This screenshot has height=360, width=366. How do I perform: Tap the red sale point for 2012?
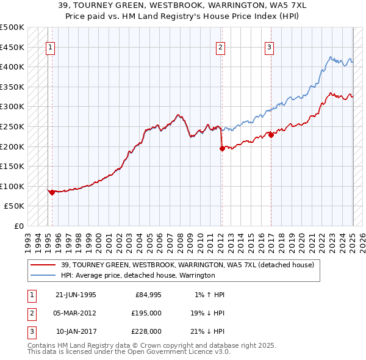tap(221, 148)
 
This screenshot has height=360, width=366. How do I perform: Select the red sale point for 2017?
tap(271, 135)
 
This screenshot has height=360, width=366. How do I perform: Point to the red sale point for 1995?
tap(52, 192)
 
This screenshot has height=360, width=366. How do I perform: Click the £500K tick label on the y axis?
tap(12, 27)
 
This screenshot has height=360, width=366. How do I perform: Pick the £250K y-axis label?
tap(12, 126)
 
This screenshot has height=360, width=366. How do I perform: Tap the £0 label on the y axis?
tap(20, 226)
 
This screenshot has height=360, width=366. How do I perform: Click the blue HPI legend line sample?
tap(44, 275)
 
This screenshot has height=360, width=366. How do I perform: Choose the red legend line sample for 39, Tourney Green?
tap(44, 265)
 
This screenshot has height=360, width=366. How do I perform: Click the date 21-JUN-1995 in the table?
tap(76, 295)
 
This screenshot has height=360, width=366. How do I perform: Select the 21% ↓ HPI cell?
tap(207, 331)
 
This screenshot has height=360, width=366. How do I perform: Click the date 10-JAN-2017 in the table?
tap(76, 331)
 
